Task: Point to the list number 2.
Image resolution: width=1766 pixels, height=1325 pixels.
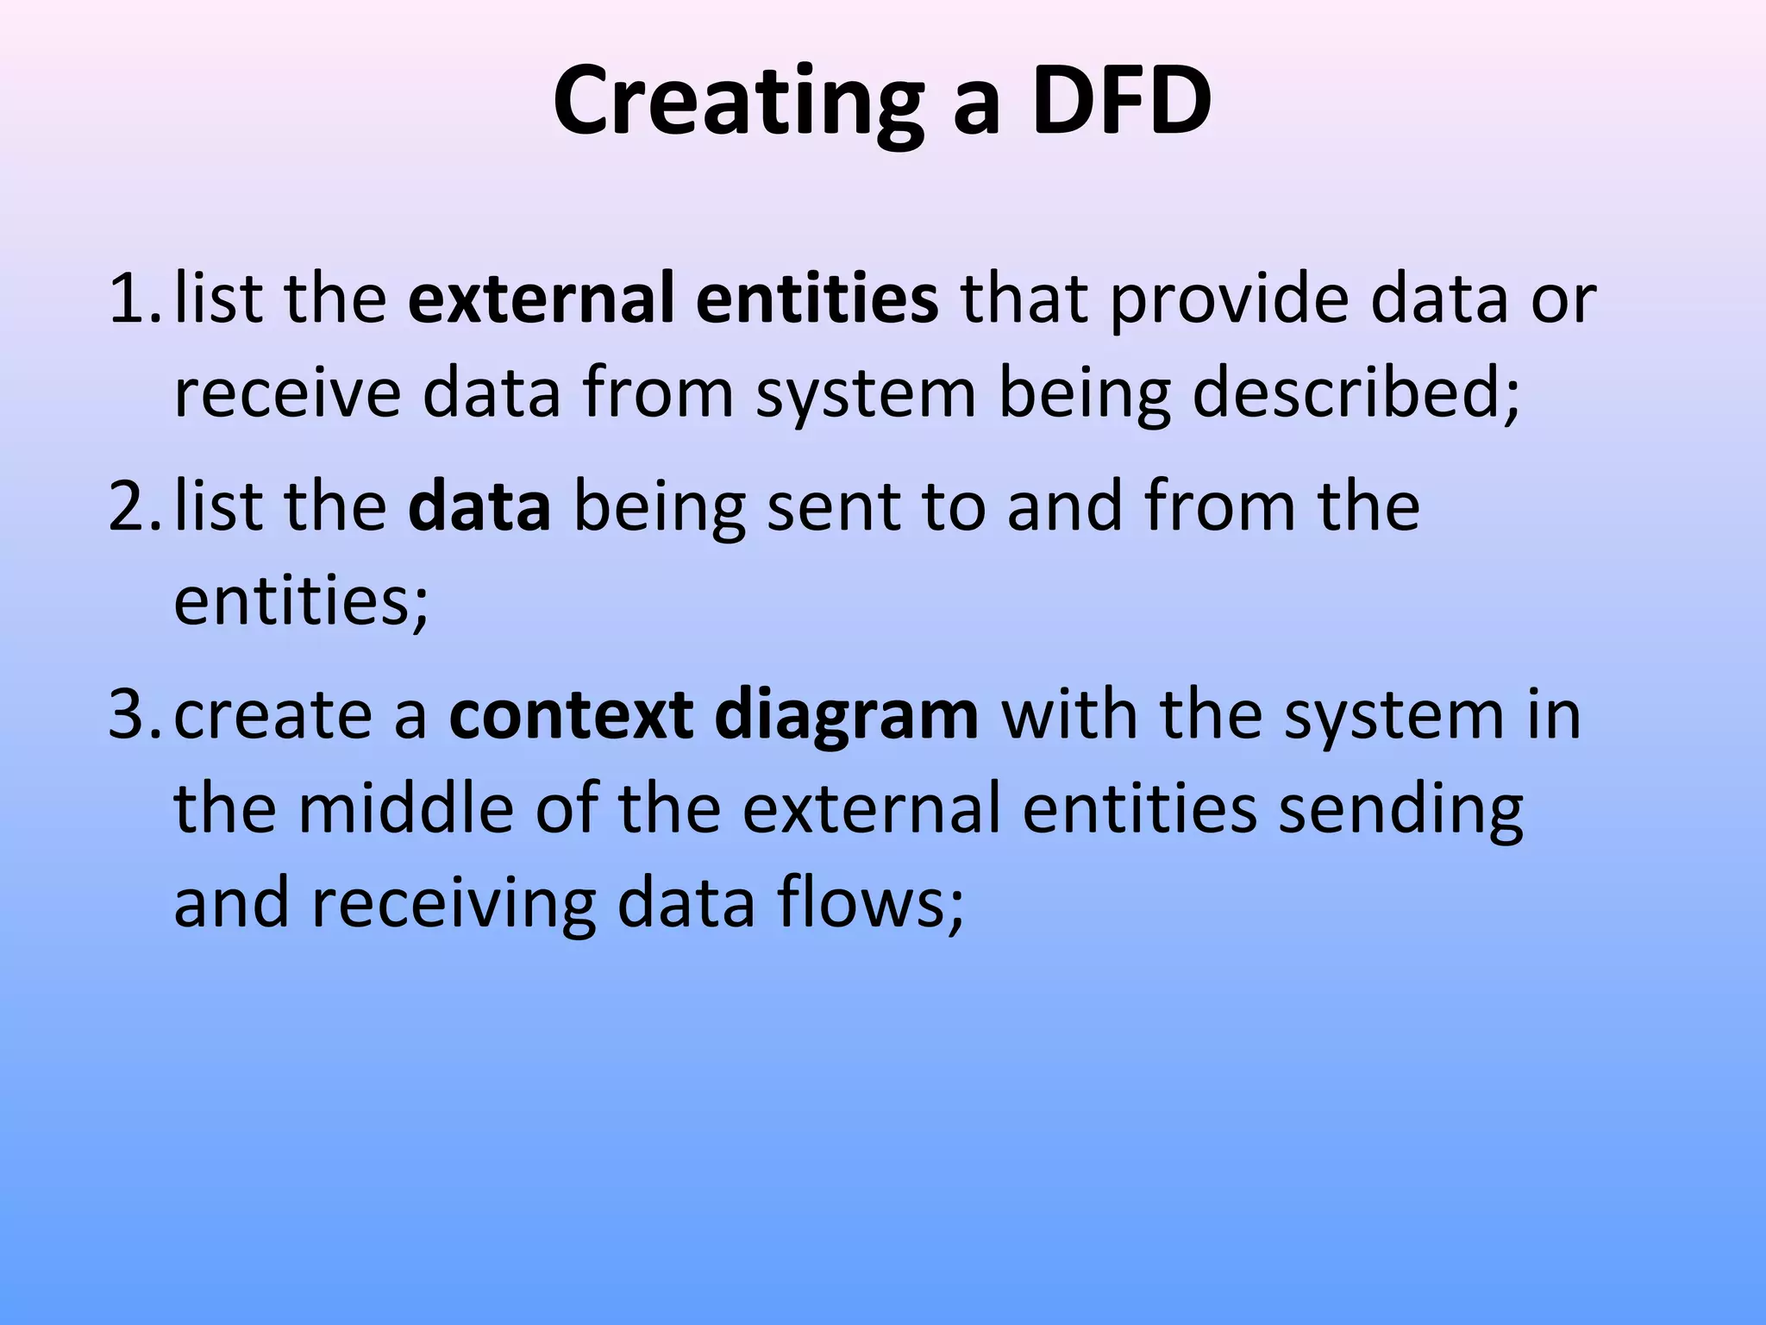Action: point(131,507)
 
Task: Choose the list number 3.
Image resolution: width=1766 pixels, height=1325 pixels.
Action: point(131,715)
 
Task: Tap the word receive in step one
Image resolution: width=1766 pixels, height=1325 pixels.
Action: point(287,393)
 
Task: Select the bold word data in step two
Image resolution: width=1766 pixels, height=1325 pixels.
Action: point(479,507)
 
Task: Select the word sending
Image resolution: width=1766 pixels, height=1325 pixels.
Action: point(1400,811)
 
